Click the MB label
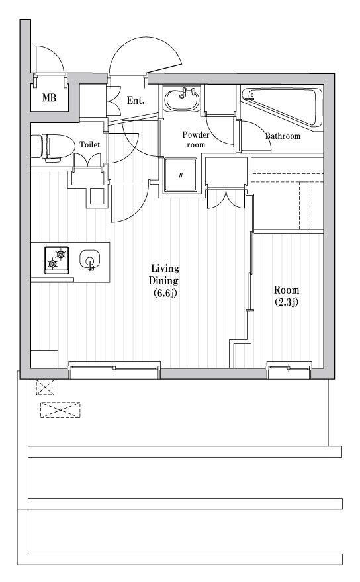pos(50,98)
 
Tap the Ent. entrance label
pos(136,101)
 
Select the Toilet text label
pos(90,144)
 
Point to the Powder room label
pos(196,140)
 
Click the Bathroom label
pos(283,136)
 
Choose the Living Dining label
pos(164,274)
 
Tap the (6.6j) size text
pos(165,293)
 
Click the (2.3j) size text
pos(287,302)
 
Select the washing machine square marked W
pos(181,175)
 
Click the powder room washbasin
pos(182,99)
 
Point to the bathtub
pos(282,107)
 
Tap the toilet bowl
pos(52,147)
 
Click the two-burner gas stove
pos(56,260)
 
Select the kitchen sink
pos(90,259)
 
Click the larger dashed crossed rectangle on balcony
pos(60,410)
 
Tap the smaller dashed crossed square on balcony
pos(45,387)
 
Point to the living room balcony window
pos(114,368)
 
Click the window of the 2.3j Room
pos(289,368)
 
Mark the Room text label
pos(287,290)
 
